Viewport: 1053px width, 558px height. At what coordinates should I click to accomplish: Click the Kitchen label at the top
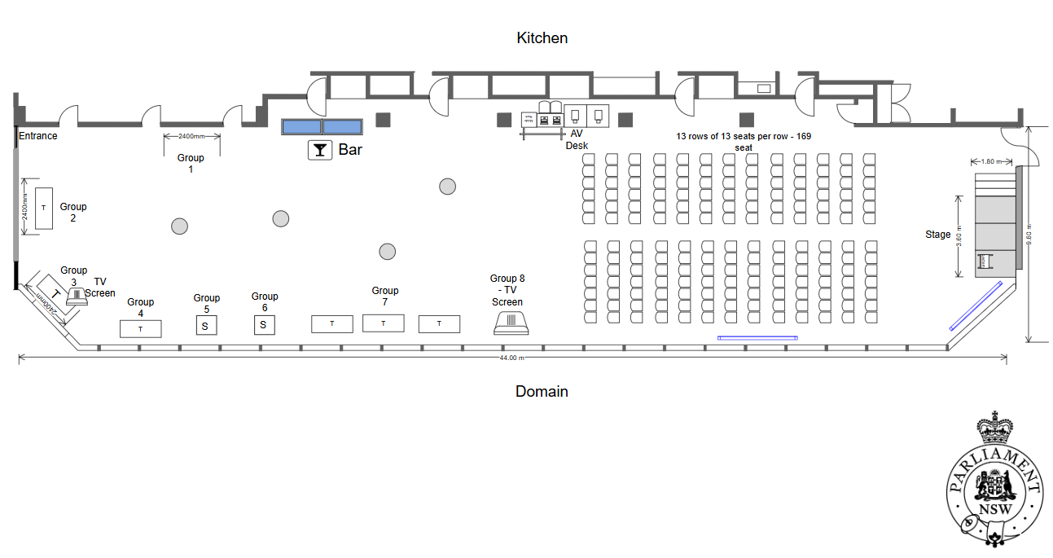click(x=542, y=38)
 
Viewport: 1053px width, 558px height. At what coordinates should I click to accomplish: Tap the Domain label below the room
click(x=542, y=392)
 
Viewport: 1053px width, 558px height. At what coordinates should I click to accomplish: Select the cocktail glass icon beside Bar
click(x=320, y=150)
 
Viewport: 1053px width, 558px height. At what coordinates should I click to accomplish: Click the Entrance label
click(x=38, y=136)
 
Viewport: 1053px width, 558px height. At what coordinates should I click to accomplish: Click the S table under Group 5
click(x=205, y=326)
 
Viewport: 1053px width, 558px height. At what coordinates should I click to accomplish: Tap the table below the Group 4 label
click(x=140, y=329)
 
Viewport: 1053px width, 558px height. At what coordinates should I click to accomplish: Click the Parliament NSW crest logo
click(x=994, y=481)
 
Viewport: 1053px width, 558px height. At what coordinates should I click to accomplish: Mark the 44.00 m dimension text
click(x=511, y=358)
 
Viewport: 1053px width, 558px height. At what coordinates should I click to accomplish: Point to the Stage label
click(x=937, y=235)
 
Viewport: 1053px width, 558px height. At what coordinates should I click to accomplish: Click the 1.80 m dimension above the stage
click(x=989, y=161)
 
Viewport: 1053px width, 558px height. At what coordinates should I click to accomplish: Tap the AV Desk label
click(x=577, y=139)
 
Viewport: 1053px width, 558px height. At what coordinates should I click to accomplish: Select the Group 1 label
click(x=191, y=164)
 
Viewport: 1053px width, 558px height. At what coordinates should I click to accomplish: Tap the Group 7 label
click(x=384, y=297)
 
